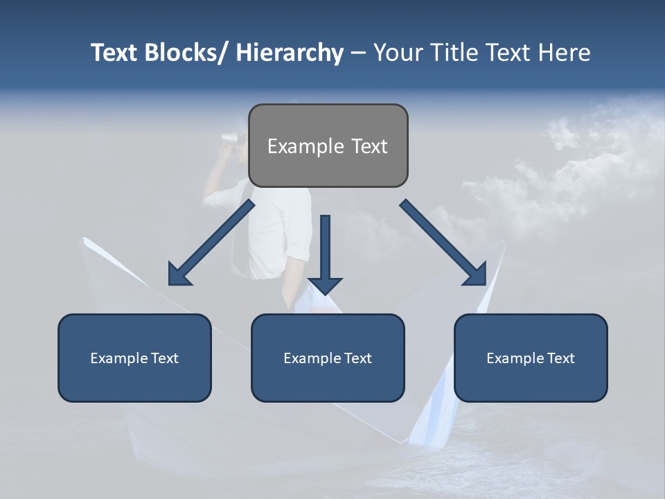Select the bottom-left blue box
[134, 358]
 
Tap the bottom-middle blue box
[328, 358]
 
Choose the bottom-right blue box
[531, 358]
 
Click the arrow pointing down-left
[211, 243]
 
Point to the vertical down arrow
[325, 254]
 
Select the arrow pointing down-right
[443, 243]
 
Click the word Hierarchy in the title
[290, 53]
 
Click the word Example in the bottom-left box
[118, 358]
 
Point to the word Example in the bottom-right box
[515, 358]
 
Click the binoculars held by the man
[229, 137]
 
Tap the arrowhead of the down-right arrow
[476, 274]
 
